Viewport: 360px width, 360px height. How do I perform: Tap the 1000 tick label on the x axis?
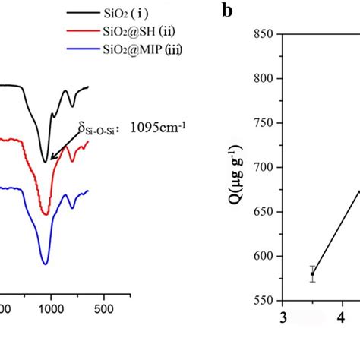pyautogui.click(x=52, y=310)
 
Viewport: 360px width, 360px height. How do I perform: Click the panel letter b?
pyautogui.click(x=226, y=11)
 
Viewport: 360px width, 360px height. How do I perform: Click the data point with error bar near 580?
pyautogui.click(x=312, y=274)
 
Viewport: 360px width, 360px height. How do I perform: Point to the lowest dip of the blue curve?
pyautogui.click(x=46, y=263)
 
